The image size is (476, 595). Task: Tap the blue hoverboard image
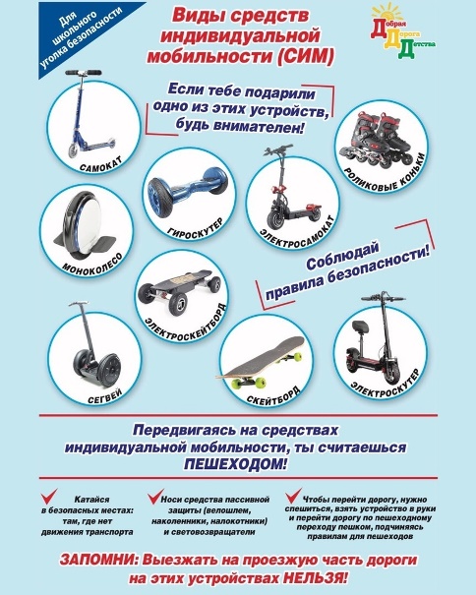[189, 185]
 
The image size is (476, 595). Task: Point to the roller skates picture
[377, 142]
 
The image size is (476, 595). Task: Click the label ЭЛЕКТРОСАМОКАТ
[298, 233]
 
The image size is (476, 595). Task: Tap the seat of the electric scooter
[359, 326]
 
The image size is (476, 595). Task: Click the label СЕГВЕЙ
[105, 396]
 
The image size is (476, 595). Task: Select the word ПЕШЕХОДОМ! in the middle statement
[236, 464]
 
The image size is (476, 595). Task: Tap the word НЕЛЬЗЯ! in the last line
[315, 578]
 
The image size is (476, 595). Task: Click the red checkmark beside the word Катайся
[49, 497]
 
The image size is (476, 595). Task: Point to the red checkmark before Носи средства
[155, 497]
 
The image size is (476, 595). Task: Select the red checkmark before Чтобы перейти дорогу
[293, 496]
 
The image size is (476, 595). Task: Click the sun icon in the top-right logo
[387, 13]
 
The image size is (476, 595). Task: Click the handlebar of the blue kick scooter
[84, 72]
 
